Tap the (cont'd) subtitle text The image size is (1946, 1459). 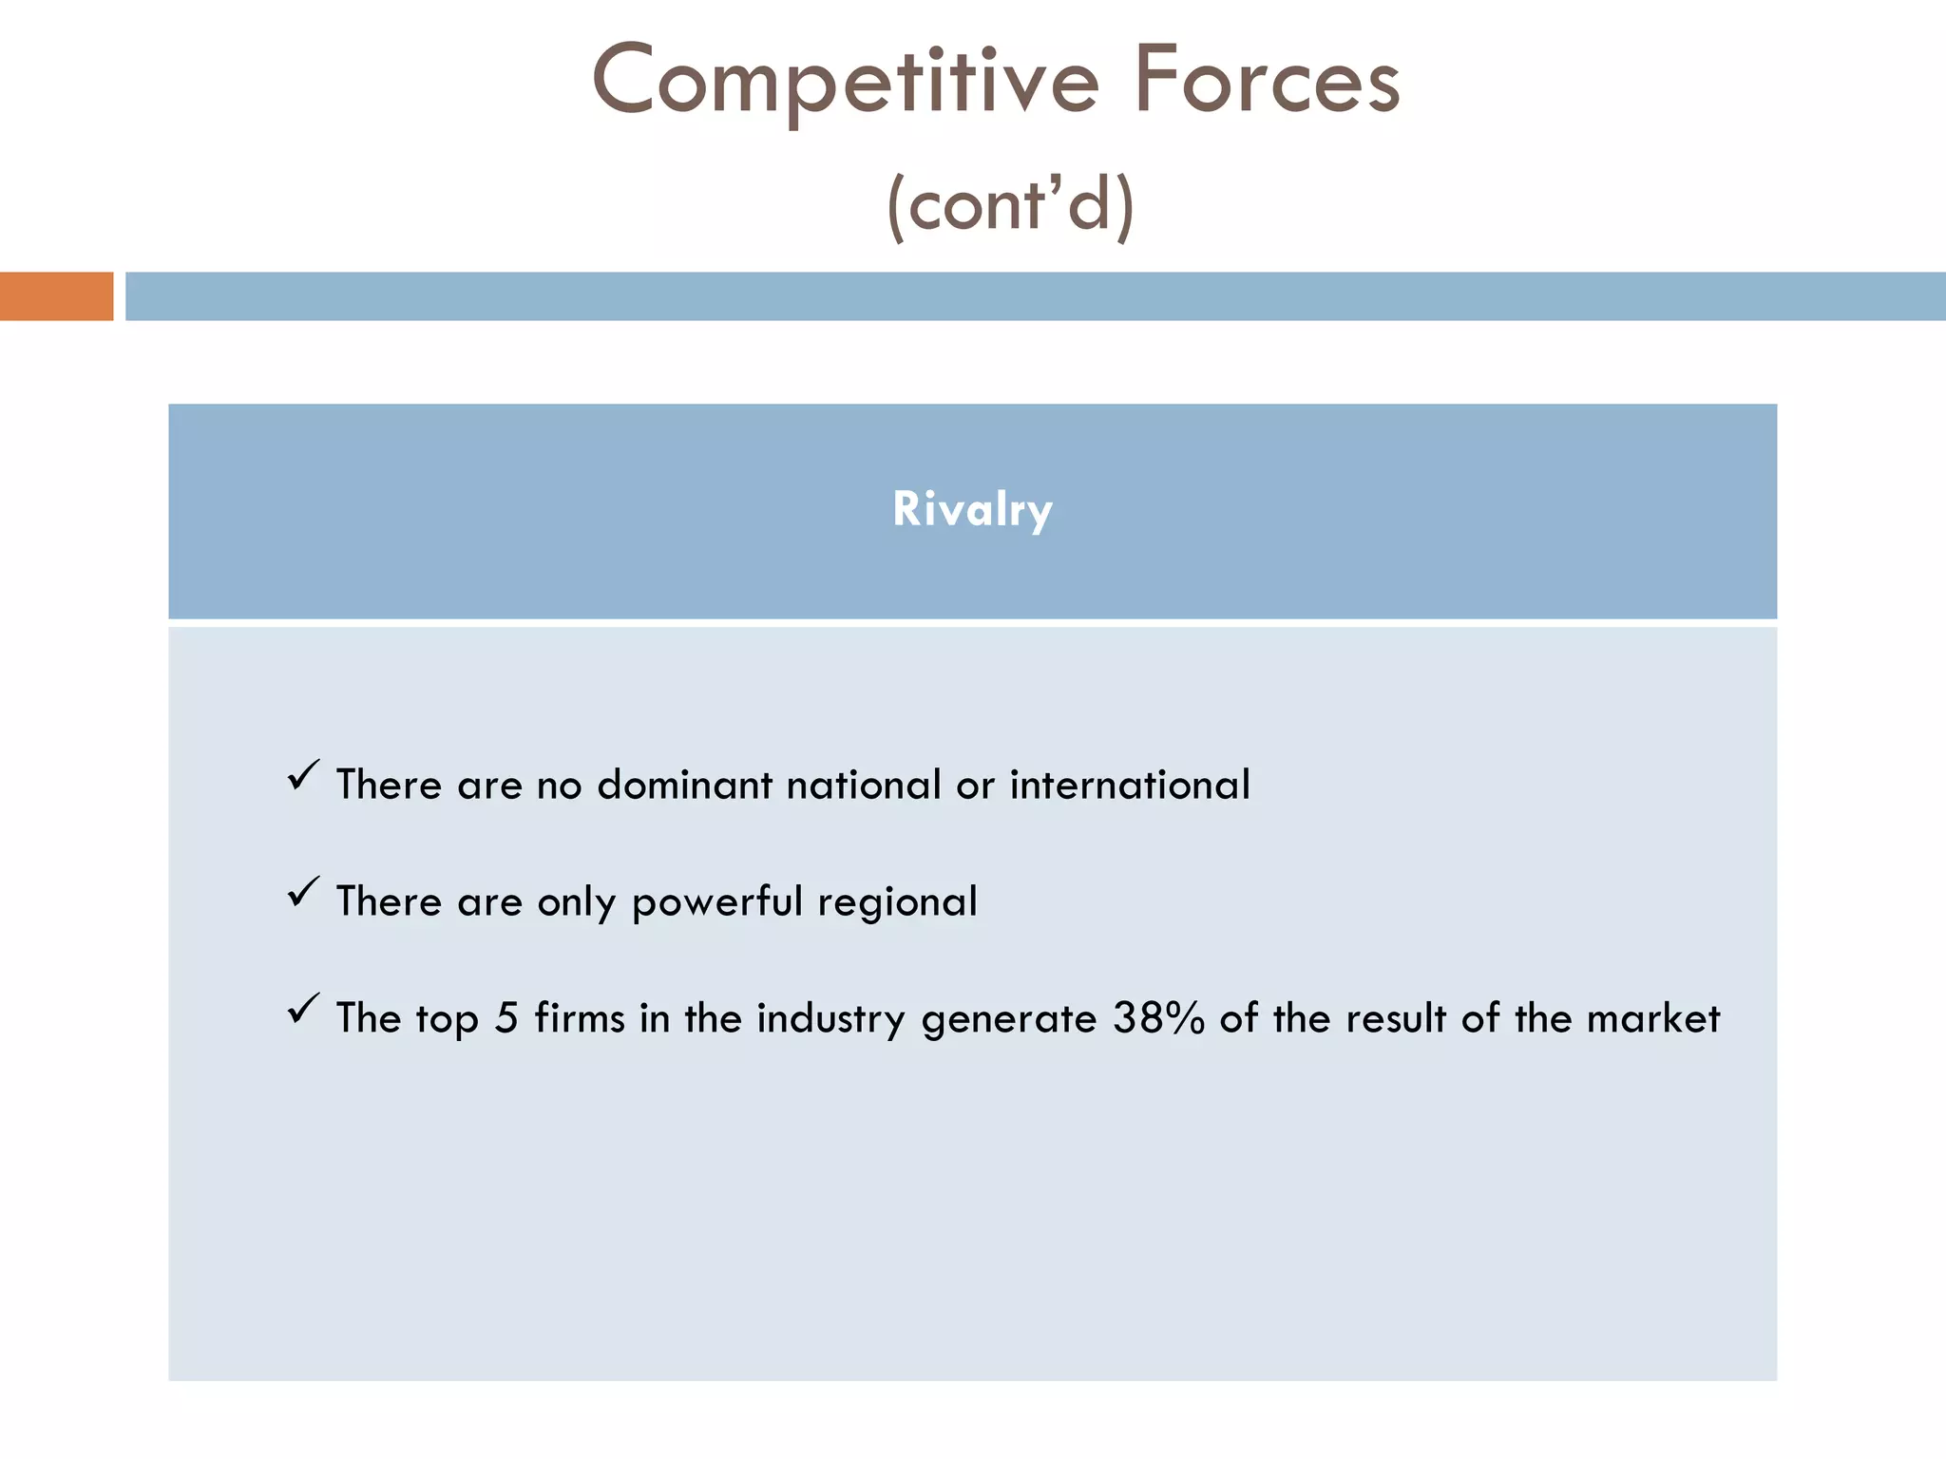pos(1010,204)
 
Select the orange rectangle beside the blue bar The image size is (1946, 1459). pos(56,296)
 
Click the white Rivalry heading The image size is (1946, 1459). pos(972,509)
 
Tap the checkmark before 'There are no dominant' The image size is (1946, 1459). pos(303,775)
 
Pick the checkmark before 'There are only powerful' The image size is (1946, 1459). pos(303,892)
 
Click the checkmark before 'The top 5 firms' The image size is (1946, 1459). pos(303,1009)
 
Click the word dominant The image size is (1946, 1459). pos(684,786)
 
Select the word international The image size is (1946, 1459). pos(1130,786)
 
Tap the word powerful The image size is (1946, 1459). pos(717,902)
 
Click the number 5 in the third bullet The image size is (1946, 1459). pos(506,1019)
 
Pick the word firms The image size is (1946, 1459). pos(580,1019)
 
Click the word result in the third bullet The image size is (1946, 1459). pos(1396,1019)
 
